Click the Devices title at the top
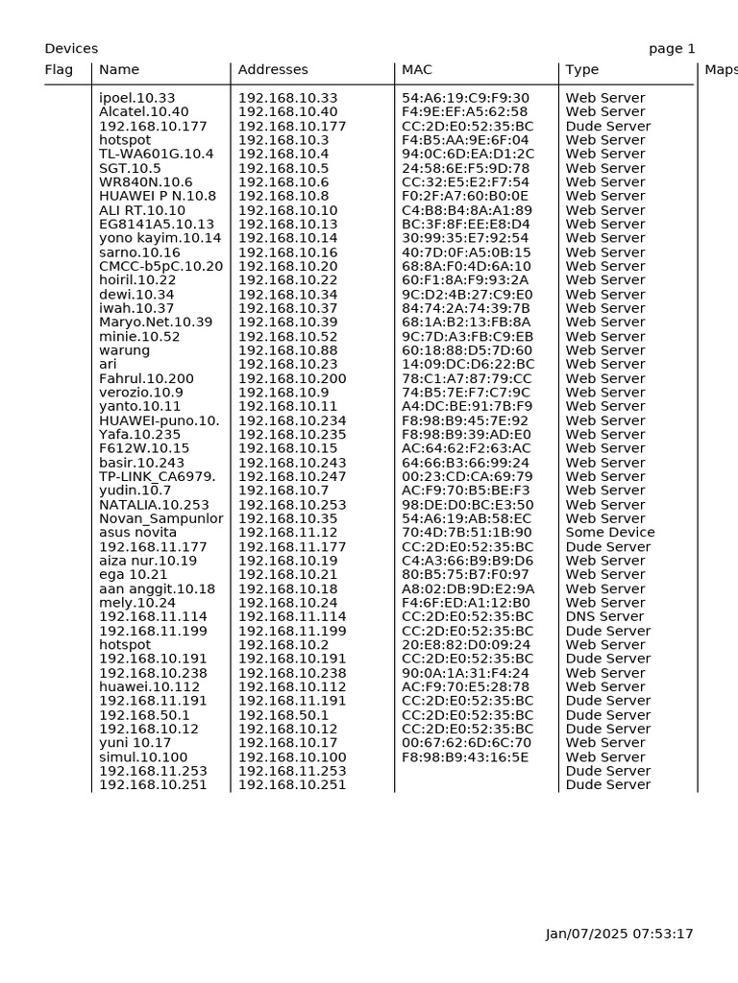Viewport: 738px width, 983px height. (71, 49)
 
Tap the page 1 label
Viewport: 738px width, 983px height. (672, 49)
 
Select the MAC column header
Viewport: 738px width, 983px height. (417, 70)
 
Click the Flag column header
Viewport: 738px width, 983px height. (59, 70)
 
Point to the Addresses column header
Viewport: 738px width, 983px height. (273, 70)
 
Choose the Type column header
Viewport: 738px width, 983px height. (582, 70)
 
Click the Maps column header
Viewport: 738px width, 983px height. (721, 70)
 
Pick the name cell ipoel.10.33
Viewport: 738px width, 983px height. (137, 98)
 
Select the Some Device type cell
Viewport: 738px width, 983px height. (610, 533)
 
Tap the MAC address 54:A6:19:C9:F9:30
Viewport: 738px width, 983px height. (465, 98)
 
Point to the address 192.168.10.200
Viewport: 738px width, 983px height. (287, 378)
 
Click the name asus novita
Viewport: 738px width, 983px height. (137, 533)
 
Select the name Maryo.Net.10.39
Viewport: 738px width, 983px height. (156, 323)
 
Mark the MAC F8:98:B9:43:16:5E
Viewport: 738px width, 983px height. (465, 757)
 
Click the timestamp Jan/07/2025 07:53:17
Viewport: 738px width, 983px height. (619, 934)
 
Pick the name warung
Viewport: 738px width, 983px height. (124, 350)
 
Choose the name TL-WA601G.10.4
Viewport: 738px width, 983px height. (157, 154)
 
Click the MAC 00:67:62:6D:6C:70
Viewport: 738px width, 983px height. (466, 743)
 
